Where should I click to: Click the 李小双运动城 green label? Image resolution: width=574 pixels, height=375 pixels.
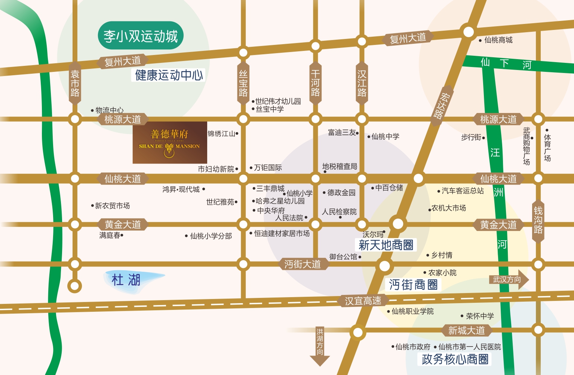pos(141,36)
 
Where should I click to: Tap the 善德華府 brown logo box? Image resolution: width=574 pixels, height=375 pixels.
pos(170,142)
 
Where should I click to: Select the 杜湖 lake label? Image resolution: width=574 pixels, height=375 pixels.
pos(126,280)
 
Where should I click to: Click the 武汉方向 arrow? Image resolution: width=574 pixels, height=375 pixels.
pos(509,280)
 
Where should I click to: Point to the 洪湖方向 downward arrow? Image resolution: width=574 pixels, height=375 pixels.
pos(320,346)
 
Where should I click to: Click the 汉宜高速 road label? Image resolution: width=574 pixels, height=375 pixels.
pos(363,301)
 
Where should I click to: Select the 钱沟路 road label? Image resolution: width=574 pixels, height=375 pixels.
pos(538,220)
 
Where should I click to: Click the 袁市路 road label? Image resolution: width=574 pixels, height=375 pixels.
pos(75,83)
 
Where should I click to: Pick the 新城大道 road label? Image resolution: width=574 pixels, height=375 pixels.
pos(466,330)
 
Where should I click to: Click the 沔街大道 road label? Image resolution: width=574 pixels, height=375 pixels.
pos(303,264)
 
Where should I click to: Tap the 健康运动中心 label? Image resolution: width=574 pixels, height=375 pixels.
pos(169,75)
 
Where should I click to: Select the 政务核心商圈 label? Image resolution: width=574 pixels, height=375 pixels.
pos(455,359)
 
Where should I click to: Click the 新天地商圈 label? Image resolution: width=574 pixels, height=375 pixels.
pos(386,245)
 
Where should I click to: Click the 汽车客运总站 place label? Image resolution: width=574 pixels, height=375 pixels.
pos(463,191)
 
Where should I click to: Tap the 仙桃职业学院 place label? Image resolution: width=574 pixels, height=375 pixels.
pos(412,311)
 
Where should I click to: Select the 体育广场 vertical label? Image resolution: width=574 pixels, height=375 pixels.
pos(547,147)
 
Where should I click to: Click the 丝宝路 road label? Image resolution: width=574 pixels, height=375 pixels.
pos(243,83)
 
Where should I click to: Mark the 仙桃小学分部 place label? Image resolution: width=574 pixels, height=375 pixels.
pos(211,236)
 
